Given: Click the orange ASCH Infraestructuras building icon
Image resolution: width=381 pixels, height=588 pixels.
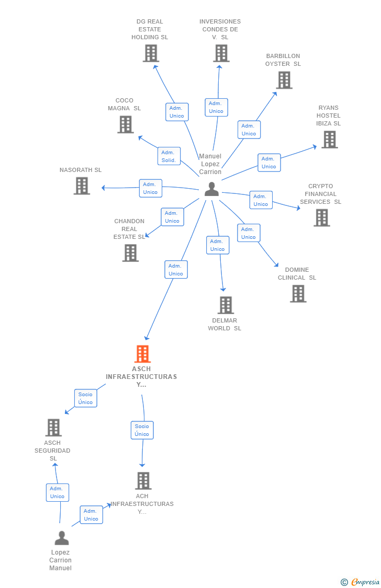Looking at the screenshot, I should [142, 354].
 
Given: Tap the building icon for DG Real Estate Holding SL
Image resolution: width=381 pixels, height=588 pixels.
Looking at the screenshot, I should [151, 53].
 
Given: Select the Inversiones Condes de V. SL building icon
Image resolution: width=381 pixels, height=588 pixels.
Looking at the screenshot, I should [221, 53].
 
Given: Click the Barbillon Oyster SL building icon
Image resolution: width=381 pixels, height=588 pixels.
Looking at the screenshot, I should [284, 80].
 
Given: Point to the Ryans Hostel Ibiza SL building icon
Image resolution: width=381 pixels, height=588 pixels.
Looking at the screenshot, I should [329, 140].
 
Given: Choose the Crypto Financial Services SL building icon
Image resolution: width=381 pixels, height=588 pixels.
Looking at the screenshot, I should [321, 217].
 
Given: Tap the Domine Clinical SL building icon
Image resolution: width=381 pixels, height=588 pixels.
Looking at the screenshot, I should [298, 294].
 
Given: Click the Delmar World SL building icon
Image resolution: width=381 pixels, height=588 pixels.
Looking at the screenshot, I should [226, 305].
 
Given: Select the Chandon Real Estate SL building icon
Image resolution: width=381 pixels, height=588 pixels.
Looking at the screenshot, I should [130, 253].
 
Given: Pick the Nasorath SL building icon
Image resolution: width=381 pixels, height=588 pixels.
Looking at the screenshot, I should [82, 186].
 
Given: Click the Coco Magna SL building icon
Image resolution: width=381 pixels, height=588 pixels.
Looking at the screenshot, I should [125, 124].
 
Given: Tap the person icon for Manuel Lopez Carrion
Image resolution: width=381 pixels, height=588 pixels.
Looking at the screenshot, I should [211, 189].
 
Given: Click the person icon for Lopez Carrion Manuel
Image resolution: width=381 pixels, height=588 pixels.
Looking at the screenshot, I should [62, 538].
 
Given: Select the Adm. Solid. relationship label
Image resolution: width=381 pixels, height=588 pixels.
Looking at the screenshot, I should [169, 156].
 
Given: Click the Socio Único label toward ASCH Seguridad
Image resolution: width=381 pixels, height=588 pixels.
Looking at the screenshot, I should [85, 398].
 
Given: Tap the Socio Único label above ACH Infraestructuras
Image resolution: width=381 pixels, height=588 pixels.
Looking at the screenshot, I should [142, 430].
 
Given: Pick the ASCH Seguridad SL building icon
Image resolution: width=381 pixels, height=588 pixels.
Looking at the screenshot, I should [53, 428].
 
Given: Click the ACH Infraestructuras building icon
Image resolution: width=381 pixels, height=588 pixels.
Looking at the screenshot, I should [143, 480].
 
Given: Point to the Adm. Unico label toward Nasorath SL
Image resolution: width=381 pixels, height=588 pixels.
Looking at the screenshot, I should [150, 188].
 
